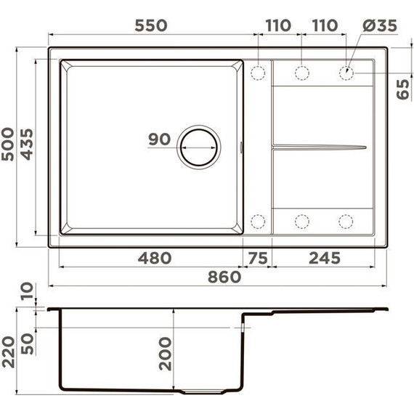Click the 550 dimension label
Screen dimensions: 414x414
[x=151, y=25]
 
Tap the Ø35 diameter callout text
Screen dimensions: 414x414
[x=380, y=25]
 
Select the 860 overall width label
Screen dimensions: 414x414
[x=224, y=277]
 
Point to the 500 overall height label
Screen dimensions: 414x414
[x=8, y=144]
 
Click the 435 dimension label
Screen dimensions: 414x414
[x=27, y=145]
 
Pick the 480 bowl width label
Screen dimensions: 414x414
[x=155, y=258]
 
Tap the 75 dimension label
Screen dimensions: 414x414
[x=258, y=258]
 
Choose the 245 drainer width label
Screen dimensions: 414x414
[x=325, y=258]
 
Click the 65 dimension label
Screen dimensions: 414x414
[x=403, y=89]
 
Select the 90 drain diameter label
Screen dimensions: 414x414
[x=159, y=139]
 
